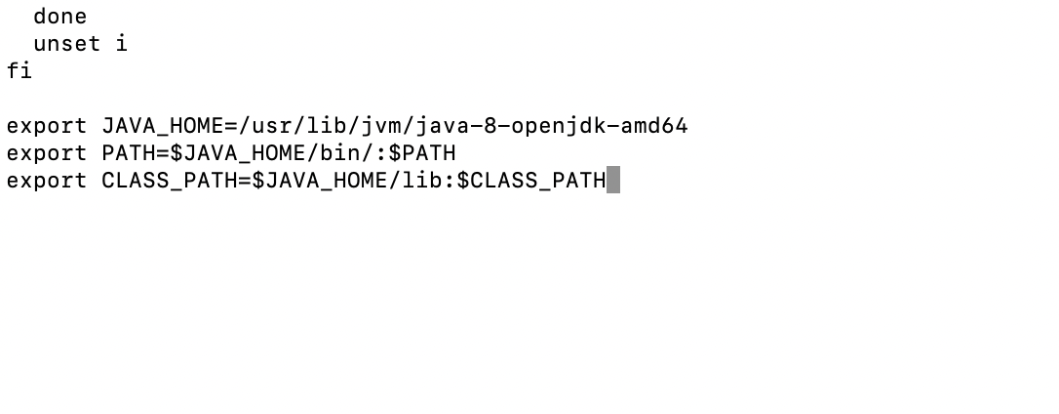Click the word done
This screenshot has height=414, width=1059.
pos(59,17)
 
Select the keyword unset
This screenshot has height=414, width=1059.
pos(66,44)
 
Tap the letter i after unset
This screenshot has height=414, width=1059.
pos(121,44)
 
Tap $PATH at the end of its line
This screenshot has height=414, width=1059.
pos(422,153)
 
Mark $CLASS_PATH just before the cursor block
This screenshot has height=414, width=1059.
pos(530,181)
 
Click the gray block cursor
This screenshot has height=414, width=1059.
pos(613,181)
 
